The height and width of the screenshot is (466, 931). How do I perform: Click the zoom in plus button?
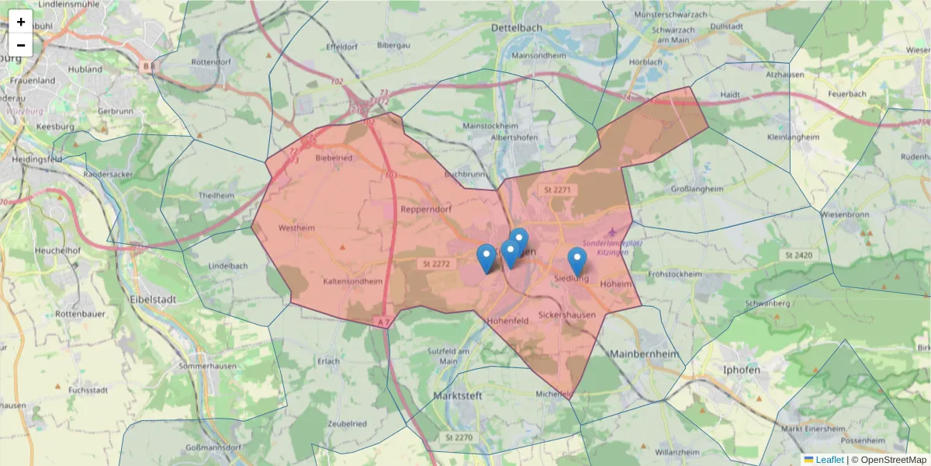tap(21, 22)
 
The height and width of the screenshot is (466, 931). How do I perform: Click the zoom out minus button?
tap(21, 45)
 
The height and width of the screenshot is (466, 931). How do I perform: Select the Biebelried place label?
tap(334, 158)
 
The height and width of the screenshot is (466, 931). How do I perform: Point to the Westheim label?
tap(296, 229)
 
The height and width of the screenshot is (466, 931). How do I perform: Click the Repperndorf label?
tap(426, 209)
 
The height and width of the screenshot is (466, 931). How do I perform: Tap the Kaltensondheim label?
tap(353, 281)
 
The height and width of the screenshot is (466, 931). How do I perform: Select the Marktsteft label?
tap(457, 395)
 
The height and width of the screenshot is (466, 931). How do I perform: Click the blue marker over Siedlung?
tap(576, 261)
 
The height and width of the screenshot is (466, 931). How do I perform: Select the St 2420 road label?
tap(798, 255)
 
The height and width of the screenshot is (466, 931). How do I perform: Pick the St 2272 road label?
tap(437, 264)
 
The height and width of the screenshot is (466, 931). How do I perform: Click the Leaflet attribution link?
tap(829, 460)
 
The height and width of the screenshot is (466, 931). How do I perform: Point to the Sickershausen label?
tap(567, 315)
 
